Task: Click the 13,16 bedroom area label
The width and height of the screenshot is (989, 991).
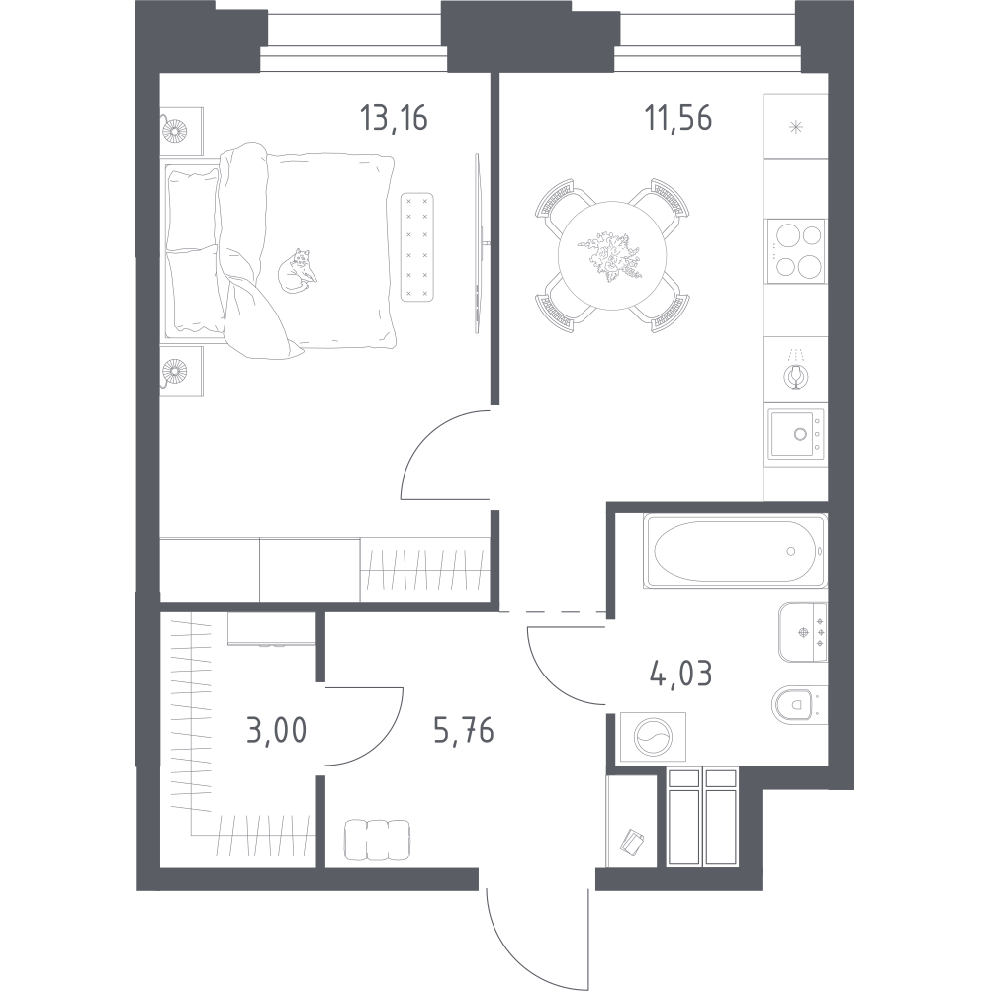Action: pyautogui.click(x=393, y=118)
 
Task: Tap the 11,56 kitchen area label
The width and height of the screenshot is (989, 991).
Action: pyautogui.click(x=678, y=118)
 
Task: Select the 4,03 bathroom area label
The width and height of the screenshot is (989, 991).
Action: pyautogui.click(x=680, y=675)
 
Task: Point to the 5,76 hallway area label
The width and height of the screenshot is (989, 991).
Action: pyautogui.click(x=464, y=731)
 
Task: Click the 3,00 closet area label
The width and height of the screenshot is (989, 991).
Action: pyautogui.click(x=276, y=731)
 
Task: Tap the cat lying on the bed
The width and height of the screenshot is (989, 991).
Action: pyautogui.click(x=297, y=271)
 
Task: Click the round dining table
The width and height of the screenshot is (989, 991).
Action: pyautogui.click(x=612, y=255)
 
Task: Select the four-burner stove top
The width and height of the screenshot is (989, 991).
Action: pyautogui.click(x=795, y=251)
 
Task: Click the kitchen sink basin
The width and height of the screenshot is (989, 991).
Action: pyautogui.click(x=796, y=435)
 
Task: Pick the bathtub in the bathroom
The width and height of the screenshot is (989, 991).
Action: pyautogui.click(x=735, y=552)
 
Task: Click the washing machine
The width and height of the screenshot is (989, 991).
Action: pyautogui.click(x=654, y=737)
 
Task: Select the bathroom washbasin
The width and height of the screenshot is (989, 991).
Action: pyautogui.click(x=803, y=632)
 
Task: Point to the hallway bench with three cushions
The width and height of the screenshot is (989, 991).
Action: pyautogui.click(x=377, y=840)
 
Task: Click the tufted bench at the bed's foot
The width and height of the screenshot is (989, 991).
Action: pyautogui.click(x=417, y=246)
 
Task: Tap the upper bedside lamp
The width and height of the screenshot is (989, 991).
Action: pyautogui.click(x=174, y=132)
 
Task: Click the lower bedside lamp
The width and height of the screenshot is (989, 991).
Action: pyautogui.click(x=174, y=370)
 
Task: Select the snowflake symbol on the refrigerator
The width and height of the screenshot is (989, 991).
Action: pyautogui.click(x=795, y=127)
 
